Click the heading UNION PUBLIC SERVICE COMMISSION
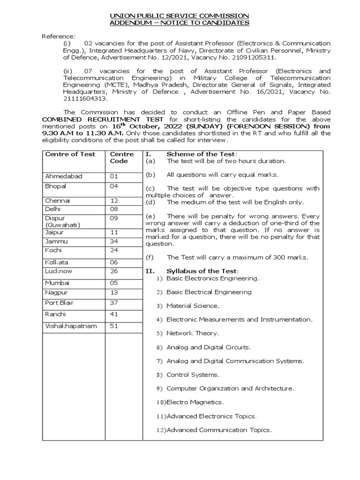(x=180, y=16)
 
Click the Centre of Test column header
(x=70, y=154)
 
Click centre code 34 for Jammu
(x=114, y=241)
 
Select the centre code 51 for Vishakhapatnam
(x=114, y=326)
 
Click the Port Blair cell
(x=60, y=303)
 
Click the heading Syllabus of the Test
(x=202, y=271)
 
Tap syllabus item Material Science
(x=192, y=306)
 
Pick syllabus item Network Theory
(x=192, y=333)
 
